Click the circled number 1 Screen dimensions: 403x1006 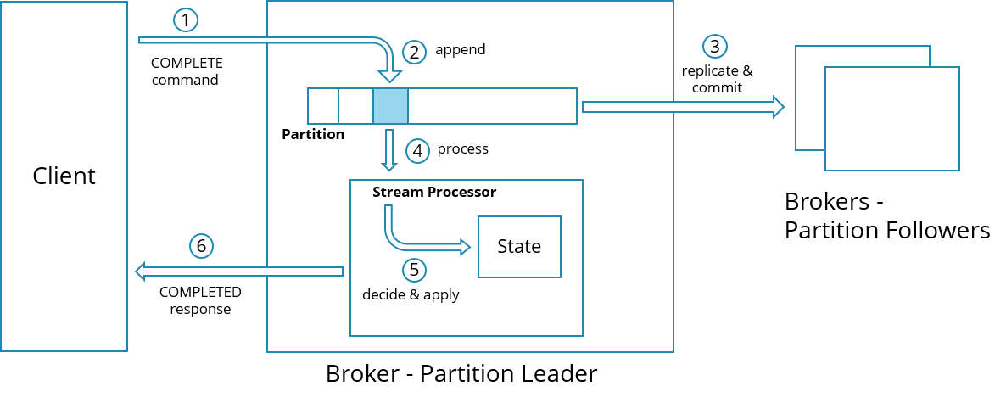tap(184, 20)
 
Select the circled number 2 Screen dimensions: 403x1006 tap(414, 52)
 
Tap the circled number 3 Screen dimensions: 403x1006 tap(715, 46)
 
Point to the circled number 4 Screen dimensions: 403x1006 tap(416, 151)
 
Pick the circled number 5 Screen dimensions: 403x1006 tap(413, 270)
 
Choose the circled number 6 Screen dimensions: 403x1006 tap(201, 246)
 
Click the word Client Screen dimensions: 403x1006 tap(64, 176)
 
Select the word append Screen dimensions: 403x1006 tap(460, 49)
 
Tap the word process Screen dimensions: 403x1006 tap(462, 148)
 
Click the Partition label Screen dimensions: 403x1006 tap(313, 134)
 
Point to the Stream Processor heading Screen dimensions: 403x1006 tap(434, 192)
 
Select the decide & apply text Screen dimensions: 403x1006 tap(411, 294)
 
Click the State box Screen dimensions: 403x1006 tap(519, 246)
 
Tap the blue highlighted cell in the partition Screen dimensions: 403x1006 tap(390, 106)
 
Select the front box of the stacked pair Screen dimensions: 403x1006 tap(891, 119)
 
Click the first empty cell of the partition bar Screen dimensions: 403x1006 tap(323, 106)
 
